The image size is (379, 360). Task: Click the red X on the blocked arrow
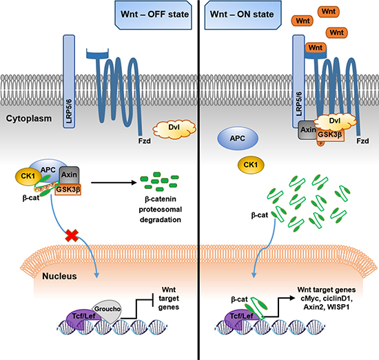[x=72, y=236]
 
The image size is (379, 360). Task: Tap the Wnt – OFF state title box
[x=153, y=14]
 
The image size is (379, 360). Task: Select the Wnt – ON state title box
[x=243, y=14]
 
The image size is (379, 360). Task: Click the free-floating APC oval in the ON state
[x=238, y=139]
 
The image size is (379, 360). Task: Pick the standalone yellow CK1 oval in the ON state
[x=251, y=165]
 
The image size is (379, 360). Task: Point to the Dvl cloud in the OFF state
[x=174, y=129]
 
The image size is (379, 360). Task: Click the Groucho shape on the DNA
[x=107, y=311]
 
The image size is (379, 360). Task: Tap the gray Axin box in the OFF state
[x=69, y=174]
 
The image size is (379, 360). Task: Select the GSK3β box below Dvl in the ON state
[x=330, y=135]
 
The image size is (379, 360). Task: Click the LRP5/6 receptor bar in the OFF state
[x=69, y=81]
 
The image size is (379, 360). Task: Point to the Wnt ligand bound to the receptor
[x=316, y=48]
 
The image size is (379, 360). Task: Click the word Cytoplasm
[x=29, y=119]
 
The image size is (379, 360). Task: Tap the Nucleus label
[x=59, y=276]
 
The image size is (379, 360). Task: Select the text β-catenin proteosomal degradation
[x=161, y=209]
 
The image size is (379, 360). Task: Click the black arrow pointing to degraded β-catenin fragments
[x=114, y=183]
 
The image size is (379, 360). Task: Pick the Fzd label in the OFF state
[x=144, y=141]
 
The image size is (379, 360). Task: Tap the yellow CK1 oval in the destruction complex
[x=28, y=176]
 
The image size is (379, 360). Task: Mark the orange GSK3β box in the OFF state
[x=68, y=189]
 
